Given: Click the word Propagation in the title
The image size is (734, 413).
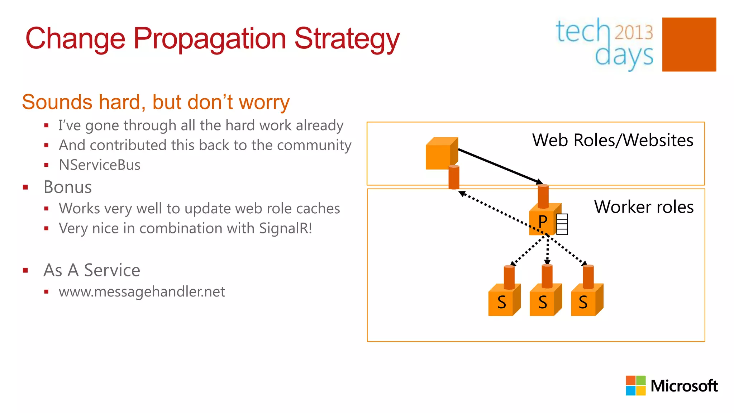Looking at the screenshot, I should pos(210,39).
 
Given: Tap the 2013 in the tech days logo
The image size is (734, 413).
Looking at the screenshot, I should pos(634,32).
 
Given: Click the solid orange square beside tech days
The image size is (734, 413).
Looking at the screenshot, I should pos(689,44).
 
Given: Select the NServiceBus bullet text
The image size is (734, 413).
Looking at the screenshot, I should pos(100,165).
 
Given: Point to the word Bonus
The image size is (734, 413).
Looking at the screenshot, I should pos(68,187).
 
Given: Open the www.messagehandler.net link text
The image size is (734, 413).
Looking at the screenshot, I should pos(142,292).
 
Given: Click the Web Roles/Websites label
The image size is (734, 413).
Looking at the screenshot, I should pos(613,140).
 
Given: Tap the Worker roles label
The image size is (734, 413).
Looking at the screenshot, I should pos(644,207).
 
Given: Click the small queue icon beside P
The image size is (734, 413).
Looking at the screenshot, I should pos(562,224).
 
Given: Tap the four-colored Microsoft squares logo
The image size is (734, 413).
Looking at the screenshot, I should pos(635,385).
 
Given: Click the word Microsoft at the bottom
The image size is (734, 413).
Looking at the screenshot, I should pos(684,386).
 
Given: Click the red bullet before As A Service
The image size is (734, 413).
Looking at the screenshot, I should pos(25,270).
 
